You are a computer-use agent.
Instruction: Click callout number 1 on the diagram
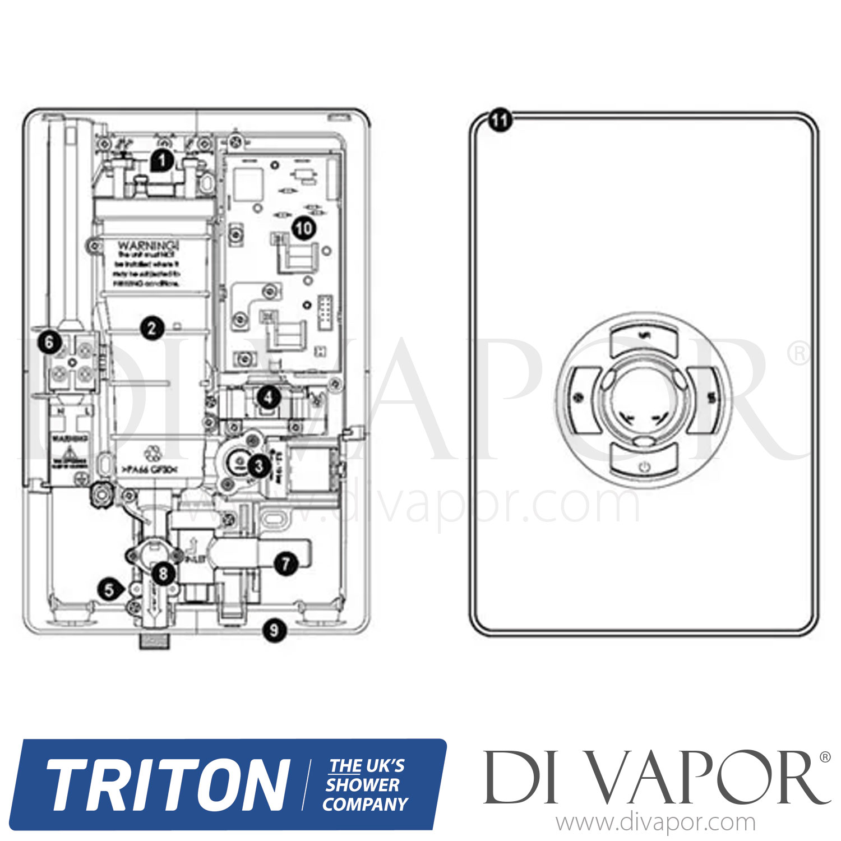[162, 161]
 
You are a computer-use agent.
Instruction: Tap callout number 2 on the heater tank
[152, 328]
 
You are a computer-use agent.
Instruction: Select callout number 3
[258, 465]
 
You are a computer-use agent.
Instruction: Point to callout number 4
[269, 398]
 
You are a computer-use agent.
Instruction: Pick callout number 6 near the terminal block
[49, 341]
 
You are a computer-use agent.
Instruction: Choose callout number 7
[286, 563]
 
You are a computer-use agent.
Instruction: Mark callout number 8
[163, 573]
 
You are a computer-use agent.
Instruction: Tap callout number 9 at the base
[274, 631]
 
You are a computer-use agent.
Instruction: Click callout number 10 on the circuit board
[303, 228]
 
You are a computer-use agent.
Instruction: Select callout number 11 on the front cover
[499, 120]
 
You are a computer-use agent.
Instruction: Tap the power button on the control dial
[644, 466]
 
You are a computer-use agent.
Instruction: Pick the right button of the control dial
[709, 399]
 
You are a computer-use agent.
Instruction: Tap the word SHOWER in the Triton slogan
[362, 785]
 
